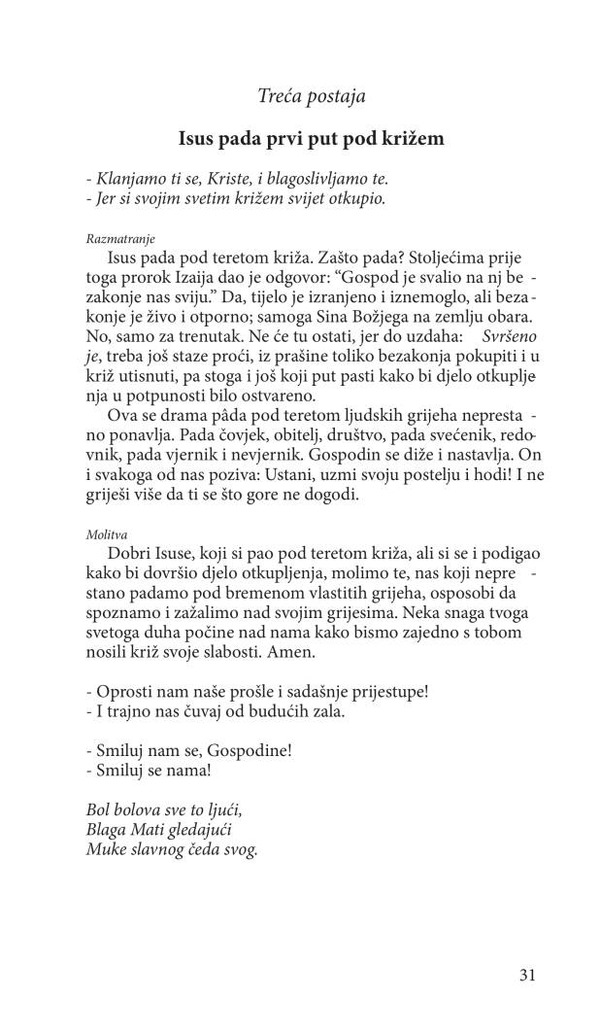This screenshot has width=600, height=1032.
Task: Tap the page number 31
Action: coord(526,976)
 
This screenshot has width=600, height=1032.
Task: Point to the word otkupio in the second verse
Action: coord(359,199)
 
